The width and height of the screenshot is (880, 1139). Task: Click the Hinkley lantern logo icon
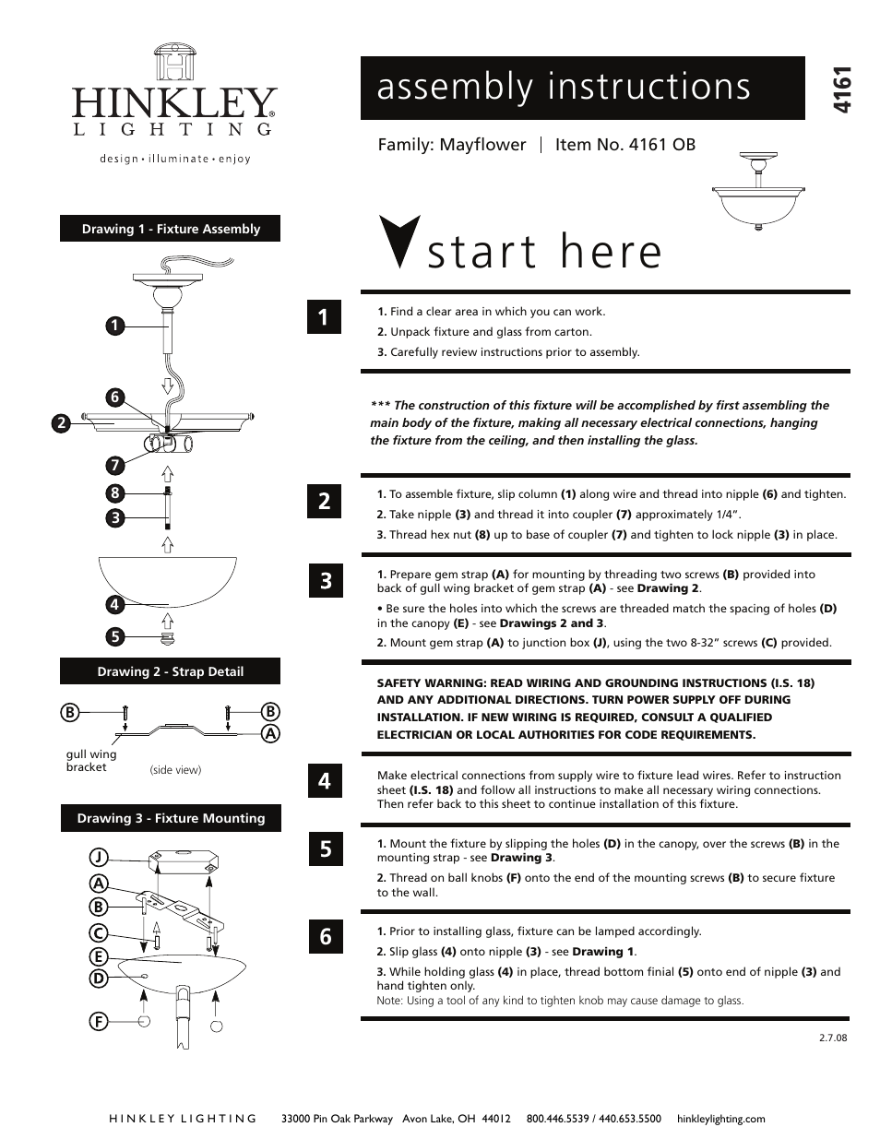(x=174, y=63)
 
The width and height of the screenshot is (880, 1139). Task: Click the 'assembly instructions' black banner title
(x=564, y=87)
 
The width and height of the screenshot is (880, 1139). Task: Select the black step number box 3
(x=325, y=581)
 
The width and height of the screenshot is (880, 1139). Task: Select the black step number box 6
(x=325, y=937)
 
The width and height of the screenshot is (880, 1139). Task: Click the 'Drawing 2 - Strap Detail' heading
(x=170, y=671)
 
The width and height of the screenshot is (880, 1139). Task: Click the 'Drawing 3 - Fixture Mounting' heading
(x=171, y=818)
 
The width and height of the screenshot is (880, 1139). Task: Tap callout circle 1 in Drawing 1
(x=113, y=325)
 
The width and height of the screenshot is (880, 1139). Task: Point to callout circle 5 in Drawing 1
(x=113, y=636)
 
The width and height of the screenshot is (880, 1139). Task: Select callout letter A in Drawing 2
(x=270, y=734)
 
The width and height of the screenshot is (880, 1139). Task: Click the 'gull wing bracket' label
(x=90, y=761)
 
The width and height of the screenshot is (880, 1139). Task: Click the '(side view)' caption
(x=175, y=770)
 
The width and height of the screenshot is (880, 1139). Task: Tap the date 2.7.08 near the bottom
(x=832, y=1038)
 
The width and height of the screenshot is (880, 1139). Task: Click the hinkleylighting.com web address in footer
(x=720, y=1119)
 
